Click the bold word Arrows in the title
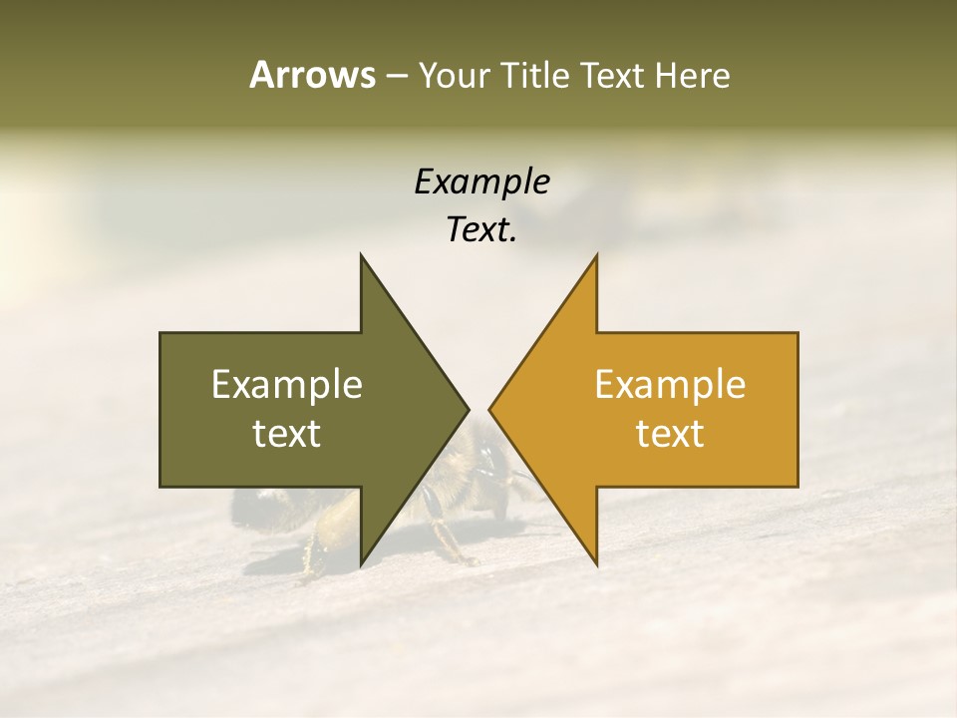pyautogui.click(x=311, y=75)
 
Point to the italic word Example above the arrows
pyautogui.click(x=481, y=182)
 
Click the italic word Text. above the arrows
pyautogui.click(x=481, y=230)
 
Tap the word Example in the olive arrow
pyautogui.click(x=287, y=385)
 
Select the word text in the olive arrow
pyautogui.click(x=287, y=434)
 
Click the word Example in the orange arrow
pyautogui.click(x=670, y=385)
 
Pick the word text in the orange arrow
pyautogui.click(x=670, y=434)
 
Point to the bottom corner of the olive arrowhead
pyautogui.click(x=361, y=563)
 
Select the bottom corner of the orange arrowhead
pyautogui.click(x=596, y=563)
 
